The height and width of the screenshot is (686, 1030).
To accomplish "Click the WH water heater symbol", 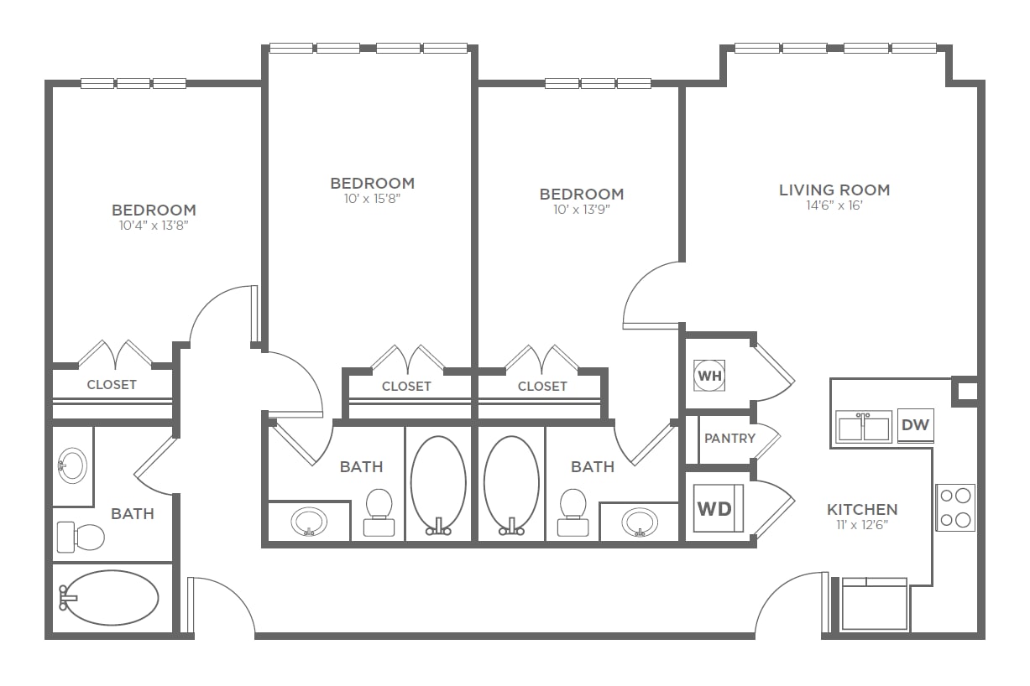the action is pos(709,376).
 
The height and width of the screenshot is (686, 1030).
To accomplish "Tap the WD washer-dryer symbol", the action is pos(718,508).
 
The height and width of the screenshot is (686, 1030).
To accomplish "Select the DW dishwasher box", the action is pos(916,425).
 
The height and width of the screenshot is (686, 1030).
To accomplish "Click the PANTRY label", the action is pos(729,439).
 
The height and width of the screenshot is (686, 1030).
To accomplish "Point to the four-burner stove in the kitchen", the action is pos(955,507).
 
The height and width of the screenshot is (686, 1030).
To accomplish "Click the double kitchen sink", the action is pos(864,427).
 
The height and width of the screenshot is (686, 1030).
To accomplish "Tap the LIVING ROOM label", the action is pos(834,190).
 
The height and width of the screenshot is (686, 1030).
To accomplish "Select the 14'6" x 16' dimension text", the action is pos(834,205).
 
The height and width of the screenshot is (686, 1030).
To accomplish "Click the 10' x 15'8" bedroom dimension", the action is pos(373,199).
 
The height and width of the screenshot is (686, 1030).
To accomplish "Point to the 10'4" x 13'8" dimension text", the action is pos(154,225).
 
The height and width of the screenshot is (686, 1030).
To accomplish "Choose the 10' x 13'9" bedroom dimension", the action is pos(582,210).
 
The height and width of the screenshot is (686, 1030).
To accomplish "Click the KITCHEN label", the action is pos(862,510).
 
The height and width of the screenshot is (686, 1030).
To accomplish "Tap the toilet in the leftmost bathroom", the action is pos(81,537).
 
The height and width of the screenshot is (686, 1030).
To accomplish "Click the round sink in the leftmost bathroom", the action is pos(72,465).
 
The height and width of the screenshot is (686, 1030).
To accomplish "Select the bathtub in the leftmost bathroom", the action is pos(109,598).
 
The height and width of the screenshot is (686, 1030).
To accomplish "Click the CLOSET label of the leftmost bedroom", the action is pos(112,385).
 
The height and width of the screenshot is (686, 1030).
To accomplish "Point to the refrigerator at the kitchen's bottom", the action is pos(874,604).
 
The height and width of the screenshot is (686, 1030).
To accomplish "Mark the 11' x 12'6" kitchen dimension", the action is pos(862,525).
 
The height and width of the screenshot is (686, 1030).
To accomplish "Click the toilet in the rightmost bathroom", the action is pos(573,512).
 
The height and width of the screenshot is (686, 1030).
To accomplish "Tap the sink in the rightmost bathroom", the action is pos(640,522).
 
